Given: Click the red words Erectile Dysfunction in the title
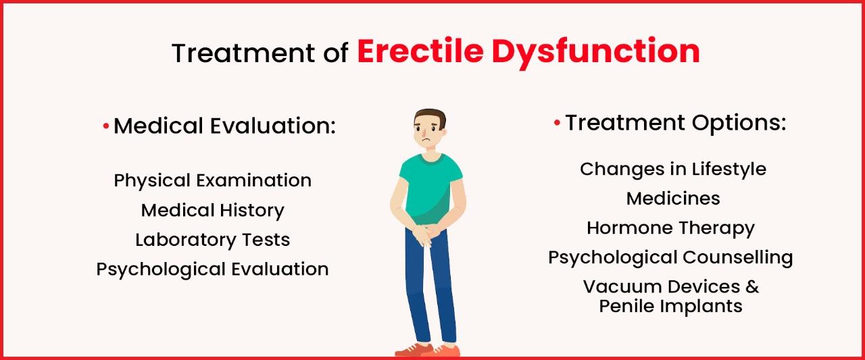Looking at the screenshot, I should pos(528,53).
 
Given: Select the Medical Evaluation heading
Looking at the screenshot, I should pos(224,126).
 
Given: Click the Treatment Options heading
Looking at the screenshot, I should pos(676,123).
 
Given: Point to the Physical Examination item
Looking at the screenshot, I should pos(213,180).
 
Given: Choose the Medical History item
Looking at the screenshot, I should pos(213,210).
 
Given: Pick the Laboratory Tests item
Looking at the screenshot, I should pos(213,240).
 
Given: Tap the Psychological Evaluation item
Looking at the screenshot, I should pos(213,269).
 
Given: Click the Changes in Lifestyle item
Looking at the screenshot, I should pos(673,168).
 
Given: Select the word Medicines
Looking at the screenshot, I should pos(673,198).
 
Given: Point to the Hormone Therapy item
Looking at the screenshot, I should pos(670,228).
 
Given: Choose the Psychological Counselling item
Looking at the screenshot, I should pos(670,257).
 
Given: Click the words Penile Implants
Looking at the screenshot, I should pos(670,306).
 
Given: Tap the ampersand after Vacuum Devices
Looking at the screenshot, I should pos(752,286).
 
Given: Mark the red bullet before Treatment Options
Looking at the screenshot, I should pos(557,124).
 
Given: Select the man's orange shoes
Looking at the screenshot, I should pos(426,350).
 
